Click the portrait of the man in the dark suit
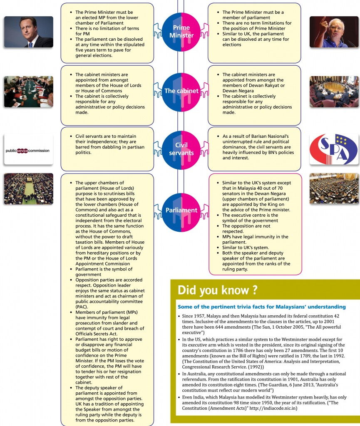(x=28, y=32)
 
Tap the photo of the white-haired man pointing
(x=334, y=32)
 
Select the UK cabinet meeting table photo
(x=28, y=92)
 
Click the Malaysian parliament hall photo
(x=334, y=188)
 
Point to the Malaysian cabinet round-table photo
(x=334, y=92)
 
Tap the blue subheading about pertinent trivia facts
(x=261, y=307)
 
